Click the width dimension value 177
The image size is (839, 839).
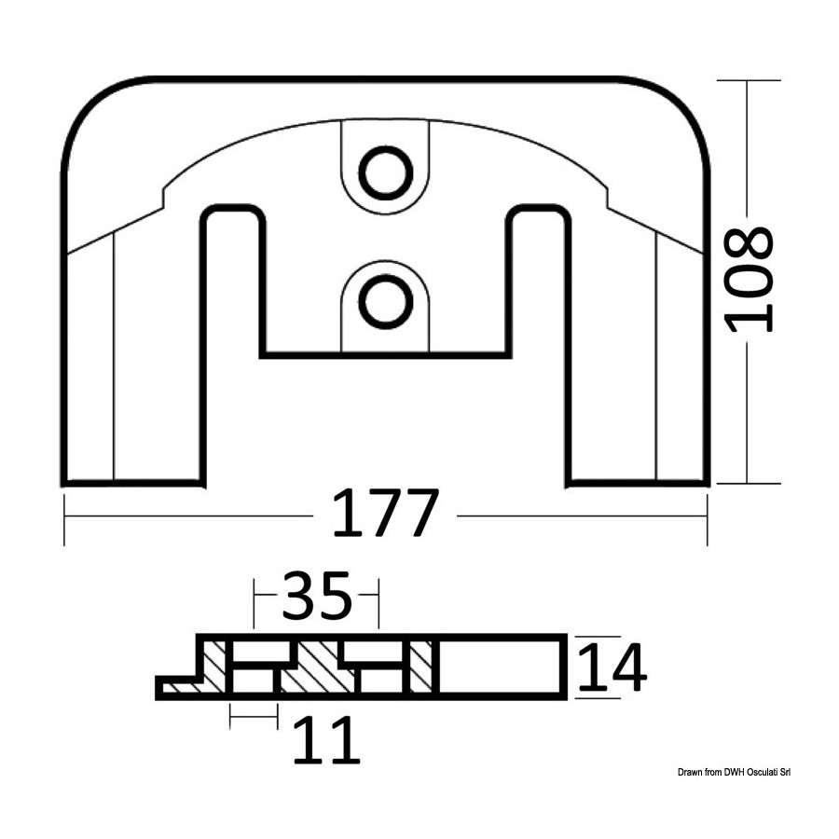pyautogui.click(x=385, y=512)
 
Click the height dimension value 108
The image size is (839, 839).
pyautogui.click(x=748, y=280)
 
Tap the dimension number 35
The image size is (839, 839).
pyautogui.click(x=317, y=595)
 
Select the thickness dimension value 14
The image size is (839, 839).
pyautogui.click(x=612, y=667)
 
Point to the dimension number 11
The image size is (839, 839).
pyautogui.click(x=326, y=740)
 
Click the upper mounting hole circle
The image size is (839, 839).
pyautogui.click(x=385, y=173)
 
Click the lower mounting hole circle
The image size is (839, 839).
pyautogui.click(x=385, y=302)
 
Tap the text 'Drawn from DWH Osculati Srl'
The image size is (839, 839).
pyautogui.click(x=734, y=772)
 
